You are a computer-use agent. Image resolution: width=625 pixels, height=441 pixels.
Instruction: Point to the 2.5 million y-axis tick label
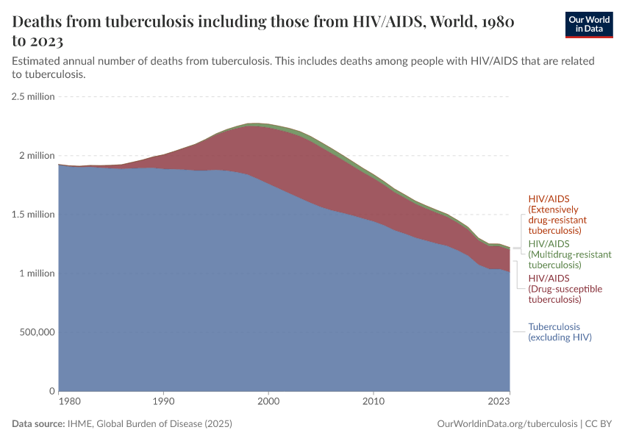coord(33,96)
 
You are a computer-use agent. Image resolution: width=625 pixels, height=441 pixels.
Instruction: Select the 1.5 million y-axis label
coord(33,215)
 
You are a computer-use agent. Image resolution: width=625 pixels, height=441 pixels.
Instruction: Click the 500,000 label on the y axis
coord(35,332)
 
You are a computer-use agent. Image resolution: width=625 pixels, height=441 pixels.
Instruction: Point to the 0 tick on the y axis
coord(51,391)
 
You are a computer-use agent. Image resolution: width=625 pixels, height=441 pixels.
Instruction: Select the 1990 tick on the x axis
coord(163,402)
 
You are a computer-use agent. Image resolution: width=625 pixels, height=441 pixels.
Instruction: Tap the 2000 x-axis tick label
coord(268,402)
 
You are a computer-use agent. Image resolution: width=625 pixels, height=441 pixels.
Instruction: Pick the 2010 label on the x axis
coord(374,402)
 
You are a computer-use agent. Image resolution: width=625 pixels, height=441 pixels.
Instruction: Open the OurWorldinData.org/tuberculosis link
coord(507,424)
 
